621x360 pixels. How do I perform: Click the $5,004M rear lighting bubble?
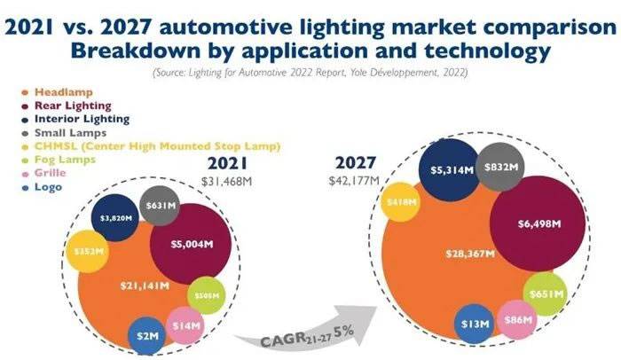click(x=184, y=243)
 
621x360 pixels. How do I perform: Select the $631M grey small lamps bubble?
click(x=160, y=209)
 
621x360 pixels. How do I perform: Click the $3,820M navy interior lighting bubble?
click(x=119, y=218)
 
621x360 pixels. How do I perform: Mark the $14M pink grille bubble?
click(x=185, y=325)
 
